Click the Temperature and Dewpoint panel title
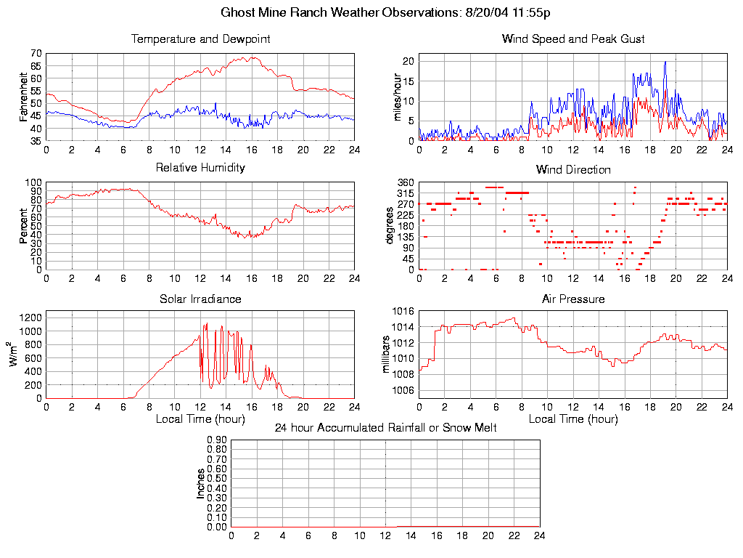pyautogui.click(x=200, y=39)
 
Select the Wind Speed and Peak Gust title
pyautogui.click(x=572, y=39)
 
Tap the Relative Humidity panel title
pyautogui.click(x=200, y=168)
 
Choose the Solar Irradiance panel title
pyautogui.click(x=200, y=299)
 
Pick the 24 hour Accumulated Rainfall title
pyautogui.click(x=385, y=428)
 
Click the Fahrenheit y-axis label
pyautogui.click(x=24, y=97)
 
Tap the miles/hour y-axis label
pyautogui.click(x=397, y=97)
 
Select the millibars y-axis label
pyautogui.click(x=386, y=355)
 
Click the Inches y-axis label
pyautogui.click(x=200, y=483)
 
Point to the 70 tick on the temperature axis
pyautogui.click(x=35, y=54)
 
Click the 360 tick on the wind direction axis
pyautogui.click(x=405, y=182)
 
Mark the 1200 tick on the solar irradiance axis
pyautogui.click(x=31, y=317)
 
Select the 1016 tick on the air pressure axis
pyautogui.click(x=403, y=312)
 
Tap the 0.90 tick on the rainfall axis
pyautogui.click(x=218, y=440)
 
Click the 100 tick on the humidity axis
pyautogui.click(x=33, y=182)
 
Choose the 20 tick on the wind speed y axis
pyautogui.click(x=408, y=61)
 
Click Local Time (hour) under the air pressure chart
pyautogui.click(x=572, y=419)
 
